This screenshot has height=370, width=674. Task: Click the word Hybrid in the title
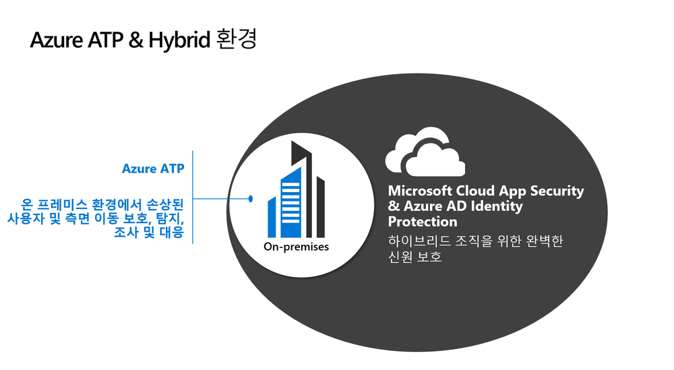(179, 40)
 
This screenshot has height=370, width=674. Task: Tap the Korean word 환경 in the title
(237, 38)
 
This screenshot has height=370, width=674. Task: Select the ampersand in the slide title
(135, 40)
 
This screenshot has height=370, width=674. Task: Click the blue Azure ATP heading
(153, 168)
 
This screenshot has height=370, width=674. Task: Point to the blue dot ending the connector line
(251, 199)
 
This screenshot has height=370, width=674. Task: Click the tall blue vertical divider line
(193, 197)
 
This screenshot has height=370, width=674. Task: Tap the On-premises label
(296, 247)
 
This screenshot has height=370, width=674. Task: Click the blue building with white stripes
(290, 203)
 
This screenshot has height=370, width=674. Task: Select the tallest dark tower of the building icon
(302, 189)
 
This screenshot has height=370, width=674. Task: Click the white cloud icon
(425, 152)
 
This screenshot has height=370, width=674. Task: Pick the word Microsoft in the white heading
(420, 190)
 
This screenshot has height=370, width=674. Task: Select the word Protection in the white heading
(423, 222)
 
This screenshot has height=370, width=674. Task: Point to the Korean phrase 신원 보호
(415, 257)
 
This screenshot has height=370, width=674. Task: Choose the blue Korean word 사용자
(26, 218)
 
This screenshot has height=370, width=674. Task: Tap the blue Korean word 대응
(172, 233)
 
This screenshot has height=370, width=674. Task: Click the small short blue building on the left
(272, 217)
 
